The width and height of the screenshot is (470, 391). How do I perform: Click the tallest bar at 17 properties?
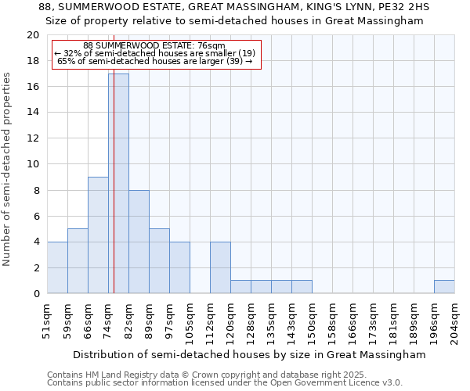click(118, 183)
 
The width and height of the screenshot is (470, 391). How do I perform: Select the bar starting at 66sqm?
click(98, 235)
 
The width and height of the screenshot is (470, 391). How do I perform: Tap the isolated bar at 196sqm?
click(444, 286)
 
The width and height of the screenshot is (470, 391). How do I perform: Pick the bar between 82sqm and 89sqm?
click(139, 241)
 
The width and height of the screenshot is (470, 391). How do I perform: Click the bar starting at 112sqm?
click(220, 267)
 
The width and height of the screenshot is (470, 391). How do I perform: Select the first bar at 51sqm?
click(57, 267)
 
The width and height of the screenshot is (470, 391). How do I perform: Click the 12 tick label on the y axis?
click(32, 138)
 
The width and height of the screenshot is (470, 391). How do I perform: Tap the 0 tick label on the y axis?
click(35, 294)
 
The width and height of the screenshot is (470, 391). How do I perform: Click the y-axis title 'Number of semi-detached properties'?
click(8, 169)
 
